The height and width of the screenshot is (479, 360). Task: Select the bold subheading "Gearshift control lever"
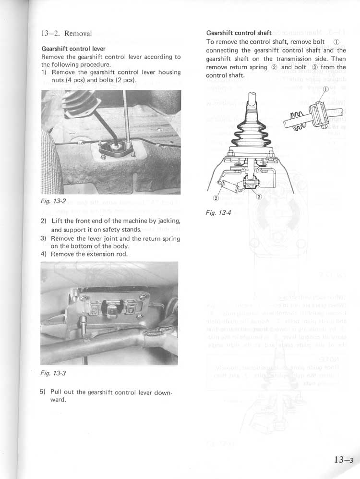[x=73, y=49]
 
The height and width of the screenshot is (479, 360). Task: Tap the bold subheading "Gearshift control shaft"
[x=239, y=33]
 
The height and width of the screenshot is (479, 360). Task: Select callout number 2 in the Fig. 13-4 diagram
[x=216, y=198]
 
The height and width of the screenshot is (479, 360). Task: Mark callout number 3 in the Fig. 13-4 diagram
[x=259, y=197]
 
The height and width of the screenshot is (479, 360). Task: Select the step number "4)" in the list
[x=44, y=254]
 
